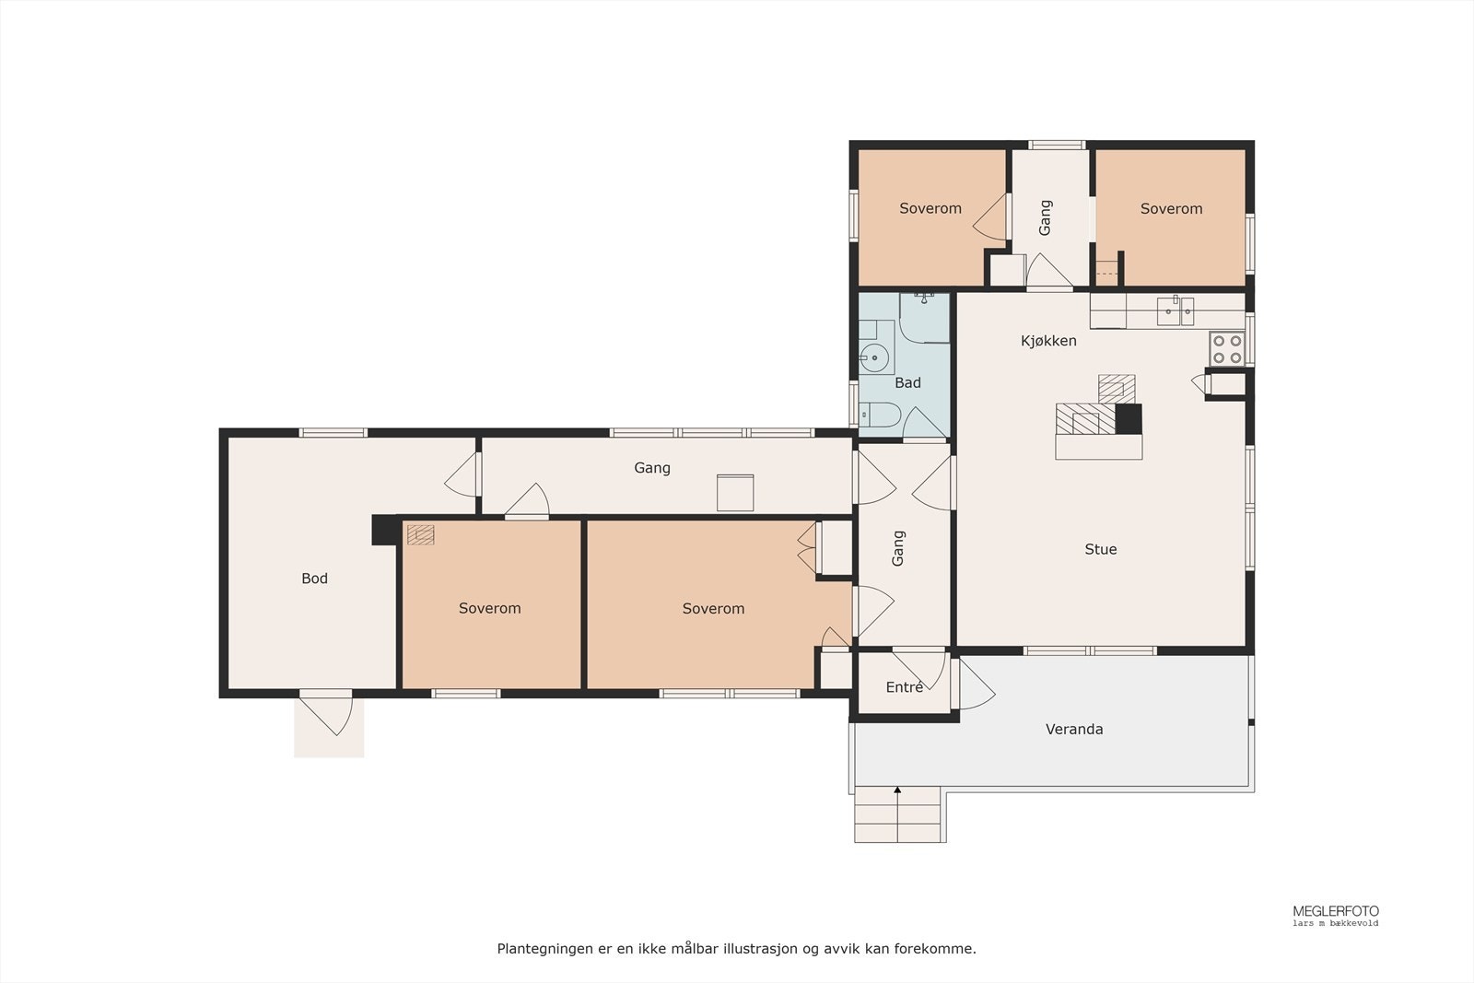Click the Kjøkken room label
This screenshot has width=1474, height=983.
tap(1048, 341)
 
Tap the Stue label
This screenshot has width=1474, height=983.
tap(1100, 549)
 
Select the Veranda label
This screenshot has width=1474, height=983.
tap(1074, 729)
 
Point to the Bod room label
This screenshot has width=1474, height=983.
tap(314, 579)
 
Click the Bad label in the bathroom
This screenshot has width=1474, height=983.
tap(907, 383)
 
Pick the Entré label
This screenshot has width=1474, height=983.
tap(904, 687)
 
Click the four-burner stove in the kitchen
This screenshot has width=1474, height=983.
tap(1226, 349)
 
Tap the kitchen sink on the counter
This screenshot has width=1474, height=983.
tap(1176, 311)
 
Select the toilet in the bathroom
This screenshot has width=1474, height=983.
tap(880, 415)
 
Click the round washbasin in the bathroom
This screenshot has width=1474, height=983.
tap(874, 358)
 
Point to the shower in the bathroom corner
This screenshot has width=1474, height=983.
tap(925, 319)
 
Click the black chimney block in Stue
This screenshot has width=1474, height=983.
tap(1129, 419)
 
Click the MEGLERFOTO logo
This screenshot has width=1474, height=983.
tap(1335, 911)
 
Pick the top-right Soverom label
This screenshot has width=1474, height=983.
tap(1171, 208)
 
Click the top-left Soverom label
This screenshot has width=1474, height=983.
tap(930, 208)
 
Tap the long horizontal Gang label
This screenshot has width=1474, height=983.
tap(652, 468)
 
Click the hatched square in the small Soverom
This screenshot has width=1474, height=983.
tap(420, 534)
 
